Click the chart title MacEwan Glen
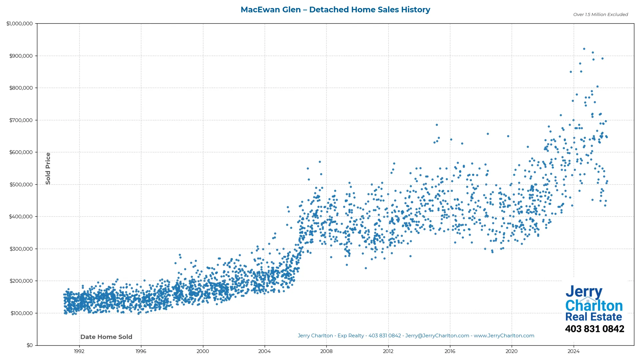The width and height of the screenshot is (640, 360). tap(335, 10)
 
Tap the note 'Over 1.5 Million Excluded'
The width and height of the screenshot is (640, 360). tap(600, 15)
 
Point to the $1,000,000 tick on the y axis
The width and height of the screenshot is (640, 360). tap(20, 24)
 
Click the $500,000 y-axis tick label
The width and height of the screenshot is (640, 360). tap(21, 185)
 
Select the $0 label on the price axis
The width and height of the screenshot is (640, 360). tap(30, 345)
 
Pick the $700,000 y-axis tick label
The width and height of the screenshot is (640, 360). tap(21, 120)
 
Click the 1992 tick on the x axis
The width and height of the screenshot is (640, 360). tap(79, 351)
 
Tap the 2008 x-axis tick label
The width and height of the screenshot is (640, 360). tap(326, 351)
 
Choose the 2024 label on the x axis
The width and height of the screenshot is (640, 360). tap(573, 351)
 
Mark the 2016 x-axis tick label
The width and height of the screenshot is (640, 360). tap(450, 351)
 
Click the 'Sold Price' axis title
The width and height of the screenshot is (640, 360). tap(48, 168)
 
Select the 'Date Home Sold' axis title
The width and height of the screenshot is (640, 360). tap(106, 337)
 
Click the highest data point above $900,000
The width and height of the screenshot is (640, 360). tap(584, 49)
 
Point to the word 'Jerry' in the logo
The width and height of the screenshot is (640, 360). tap(584, 292)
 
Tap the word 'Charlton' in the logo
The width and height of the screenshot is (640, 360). tap(594, 306)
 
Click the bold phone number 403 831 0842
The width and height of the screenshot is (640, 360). tap(594, 329)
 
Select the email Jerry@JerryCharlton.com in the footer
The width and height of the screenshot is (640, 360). tap(437, 336)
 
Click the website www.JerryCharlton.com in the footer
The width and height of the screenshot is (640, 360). tap(504, 336)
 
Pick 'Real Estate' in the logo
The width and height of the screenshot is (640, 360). tap(594, 317)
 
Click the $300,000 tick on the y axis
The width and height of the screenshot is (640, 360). tap(21, 249)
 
